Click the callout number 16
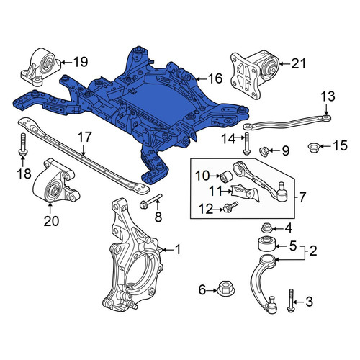[x=215, y=78]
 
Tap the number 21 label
[x=299, y=64]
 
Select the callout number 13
[x=328, y=96]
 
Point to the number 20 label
[x=51, y=221]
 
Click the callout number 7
[x=302, y=197]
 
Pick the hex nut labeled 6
[x=225, y=288]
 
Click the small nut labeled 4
[x=266, y=228]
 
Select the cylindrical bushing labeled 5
[x=267, y=244]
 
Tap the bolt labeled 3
[x=291, y=301]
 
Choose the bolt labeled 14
[x=246, y=144]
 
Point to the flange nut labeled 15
[x=312, y=147]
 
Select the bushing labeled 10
[x=225, y=176]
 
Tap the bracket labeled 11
[x=246, y=194]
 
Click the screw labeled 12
[x=230, y=207]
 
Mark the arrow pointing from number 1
[x=167, y=250]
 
